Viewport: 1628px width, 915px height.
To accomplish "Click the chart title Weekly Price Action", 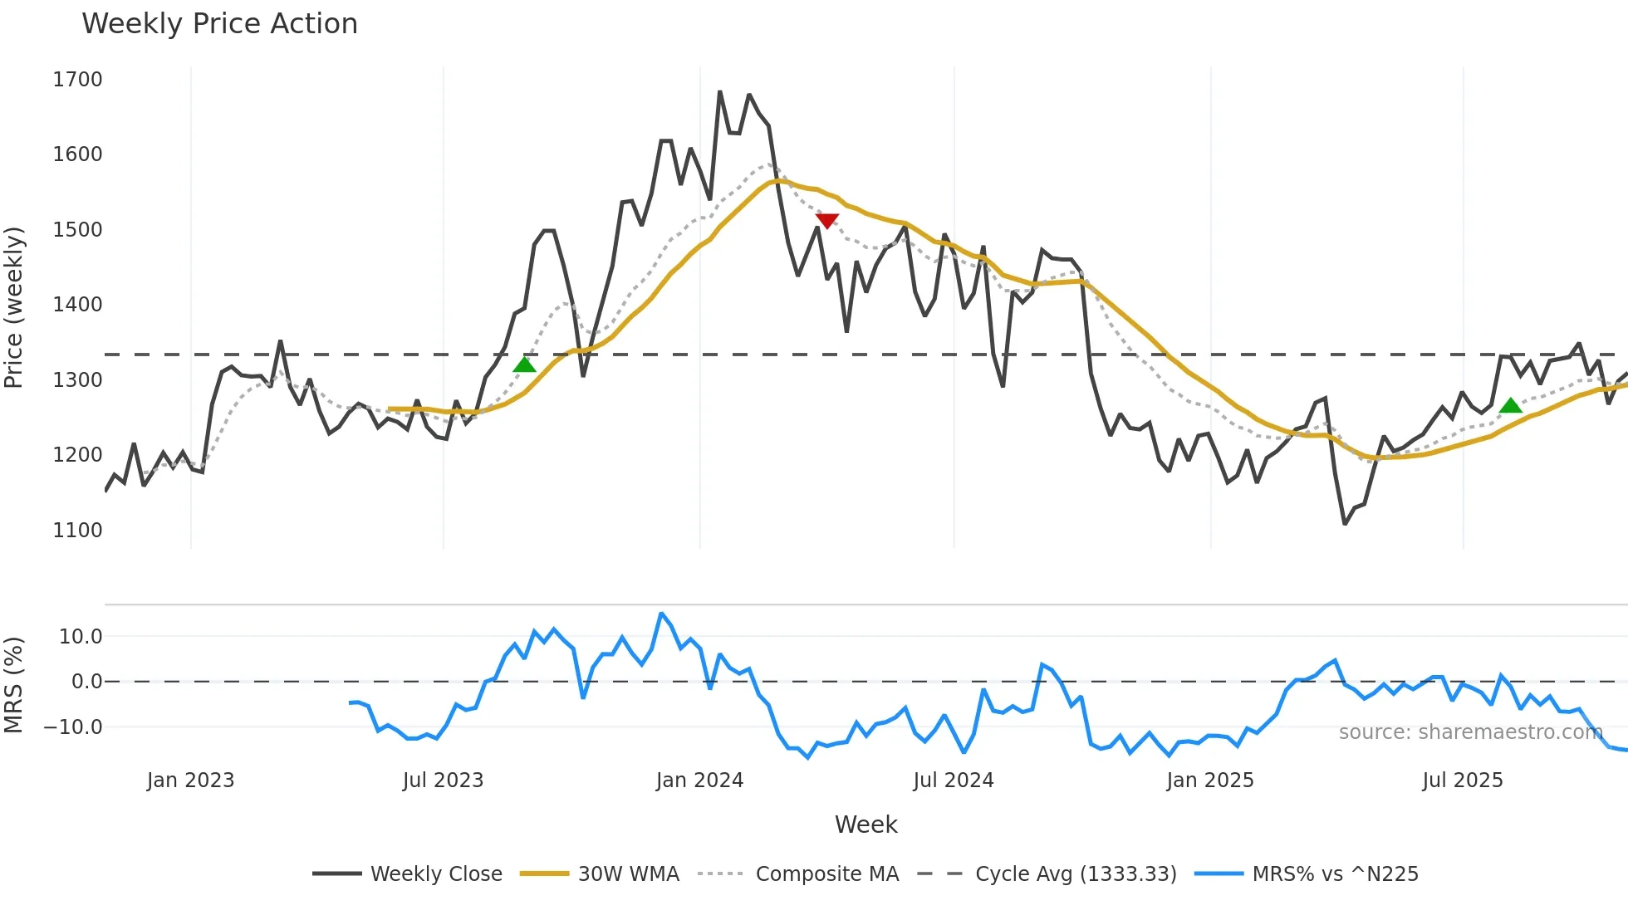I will coord(219,24).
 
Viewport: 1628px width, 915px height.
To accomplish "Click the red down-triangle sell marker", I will coord(826,220).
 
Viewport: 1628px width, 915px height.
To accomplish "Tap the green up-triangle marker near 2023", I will coord(524,365).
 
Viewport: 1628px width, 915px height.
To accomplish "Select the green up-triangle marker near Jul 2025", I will coord(1510,405).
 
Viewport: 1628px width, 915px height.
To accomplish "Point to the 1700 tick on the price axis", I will coord(77,80).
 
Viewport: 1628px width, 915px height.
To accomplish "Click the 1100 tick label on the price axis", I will coord(77,530).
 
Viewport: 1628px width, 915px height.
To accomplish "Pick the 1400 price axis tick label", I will coord(77,305).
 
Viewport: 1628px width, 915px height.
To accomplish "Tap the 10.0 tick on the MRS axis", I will coord(81,637).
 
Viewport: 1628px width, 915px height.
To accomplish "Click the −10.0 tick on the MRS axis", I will coord(73,727).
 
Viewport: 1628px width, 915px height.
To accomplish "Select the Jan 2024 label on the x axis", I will coord(699,780).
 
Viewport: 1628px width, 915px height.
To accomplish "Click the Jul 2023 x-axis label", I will coord(443,780).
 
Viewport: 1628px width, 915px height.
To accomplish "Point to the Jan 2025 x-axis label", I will coord(1209,780).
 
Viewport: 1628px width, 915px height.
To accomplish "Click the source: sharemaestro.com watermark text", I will coord(1470,732).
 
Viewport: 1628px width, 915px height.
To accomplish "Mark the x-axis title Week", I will coord(865,824).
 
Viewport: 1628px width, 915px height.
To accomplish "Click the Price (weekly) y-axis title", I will coord(14,307).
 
